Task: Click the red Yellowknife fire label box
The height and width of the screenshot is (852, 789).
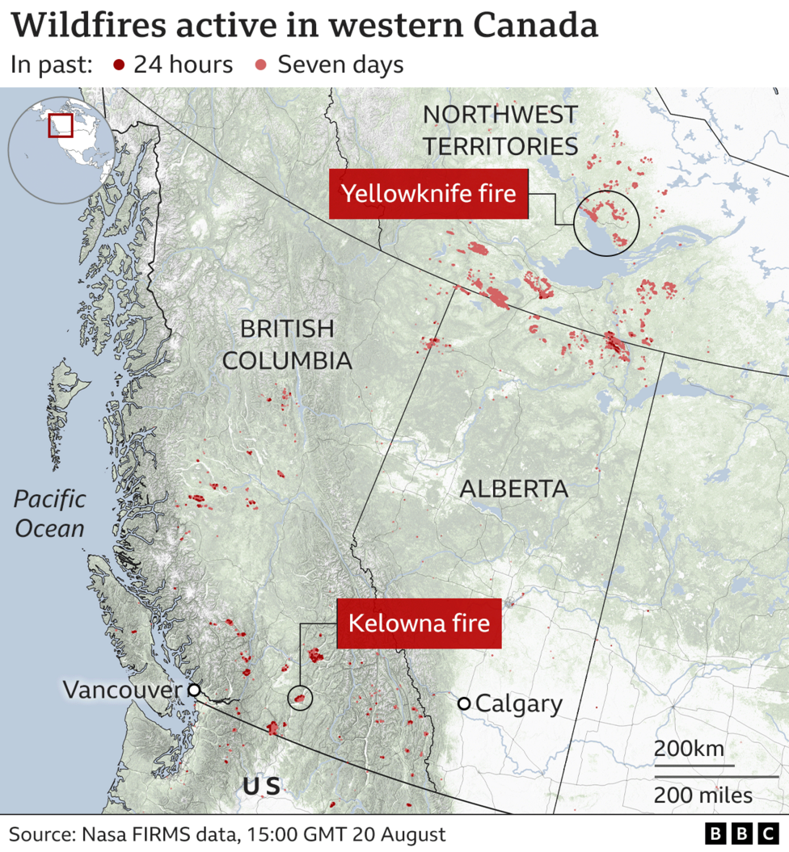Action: (x=428, y=194)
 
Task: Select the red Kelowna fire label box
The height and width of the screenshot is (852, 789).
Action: (x=419, y=623)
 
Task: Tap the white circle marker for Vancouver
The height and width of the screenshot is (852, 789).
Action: (x=193, y=690)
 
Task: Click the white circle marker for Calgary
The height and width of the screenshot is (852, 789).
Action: (x=464, y=703)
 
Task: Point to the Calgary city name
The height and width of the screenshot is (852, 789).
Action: (x=518, y=703)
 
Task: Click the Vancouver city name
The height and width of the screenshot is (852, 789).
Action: (x=122, y=690)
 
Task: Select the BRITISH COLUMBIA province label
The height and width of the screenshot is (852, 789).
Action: (x=287, y=345)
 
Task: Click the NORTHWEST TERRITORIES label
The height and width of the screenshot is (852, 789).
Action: (x=500, y=130)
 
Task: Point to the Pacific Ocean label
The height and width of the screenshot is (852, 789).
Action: (x=49, y=513)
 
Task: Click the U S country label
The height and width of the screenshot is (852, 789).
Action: (x=261, y=786)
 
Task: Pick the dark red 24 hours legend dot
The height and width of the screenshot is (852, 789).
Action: (x=120, y=65)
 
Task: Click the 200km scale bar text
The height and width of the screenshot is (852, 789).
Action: (x=689, y=748)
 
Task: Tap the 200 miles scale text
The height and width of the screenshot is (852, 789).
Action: (x=703, y=795)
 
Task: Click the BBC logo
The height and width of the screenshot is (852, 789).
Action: (x=738, y=833)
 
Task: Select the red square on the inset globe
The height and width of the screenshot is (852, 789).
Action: (x=60, y=126)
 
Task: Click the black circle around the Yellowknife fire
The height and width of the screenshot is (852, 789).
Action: (x=606, y=224)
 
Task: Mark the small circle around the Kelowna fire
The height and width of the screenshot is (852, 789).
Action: (x=300, y=698)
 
